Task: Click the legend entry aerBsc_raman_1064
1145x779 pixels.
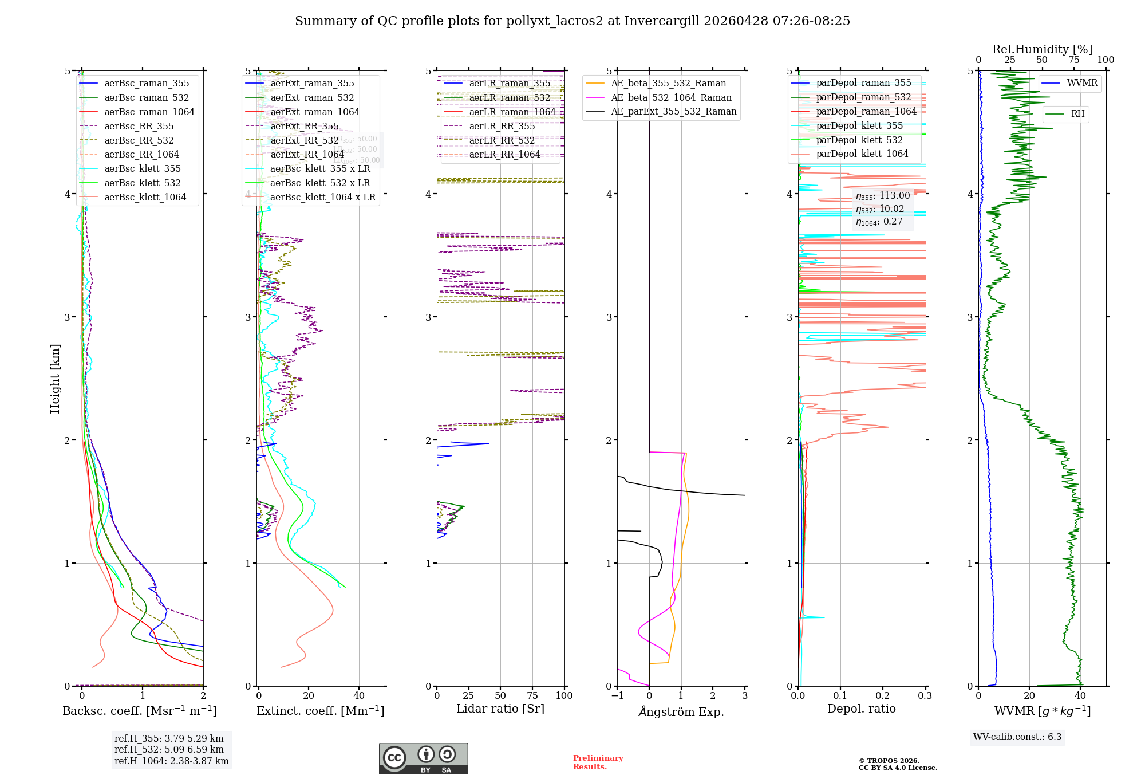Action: pyautogui.click(x=149, y=112)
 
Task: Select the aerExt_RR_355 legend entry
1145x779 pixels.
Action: pyautogui.click(x=305, y=126)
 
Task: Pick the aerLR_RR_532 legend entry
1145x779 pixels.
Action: pyautogui.click(x=502, y=140)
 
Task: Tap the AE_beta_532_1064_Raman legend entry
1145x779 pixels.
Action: pyautogui.click(x=671, y=97)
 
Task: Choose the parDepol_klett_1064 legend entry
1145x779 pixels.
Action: pyautogui.click(x=862, y=154)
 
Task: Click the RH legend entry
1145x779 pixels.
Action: pyautogui.click(x=1077, y=114)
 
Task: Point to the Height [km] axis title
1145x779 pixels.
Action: pyautogui.click(x=55, y=379)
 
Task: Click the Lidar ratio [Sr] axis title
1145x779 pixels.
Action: pyautogui.click(x=500, y=709)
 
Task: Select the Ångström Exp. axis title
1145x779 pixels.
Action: pyautogui.click(x=681, y=711)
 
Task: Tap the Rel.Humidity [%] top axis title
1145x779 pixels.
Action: pyautogui.click(x=1042, y=49)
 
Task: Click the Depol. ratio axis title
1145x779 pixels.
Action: pyautogui.click(x=861, y=709)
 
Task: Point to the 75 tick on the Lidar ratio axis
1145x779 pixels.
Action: pyautogui.click(x=532, y=695)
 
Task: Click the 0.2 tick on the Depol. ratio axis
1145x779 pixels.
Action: pyautogui.click(x=882, y=695)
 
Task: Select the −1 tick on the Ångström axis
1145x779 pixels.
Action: pyautogui.click(x=617, y=695)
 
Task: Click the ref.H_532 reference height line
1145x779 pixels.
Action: pyautogui.click(x=169, y=749)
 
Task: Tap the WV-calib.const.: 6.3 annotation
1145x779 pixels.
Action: pyautogui.click(x=1017, y=737)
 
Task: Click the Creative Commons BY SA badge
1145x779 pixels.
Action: pyautogui.click(x=423, y=758)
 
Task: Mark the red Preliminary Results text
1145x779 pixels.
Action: pyautogui.click(x=598, y=762)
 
